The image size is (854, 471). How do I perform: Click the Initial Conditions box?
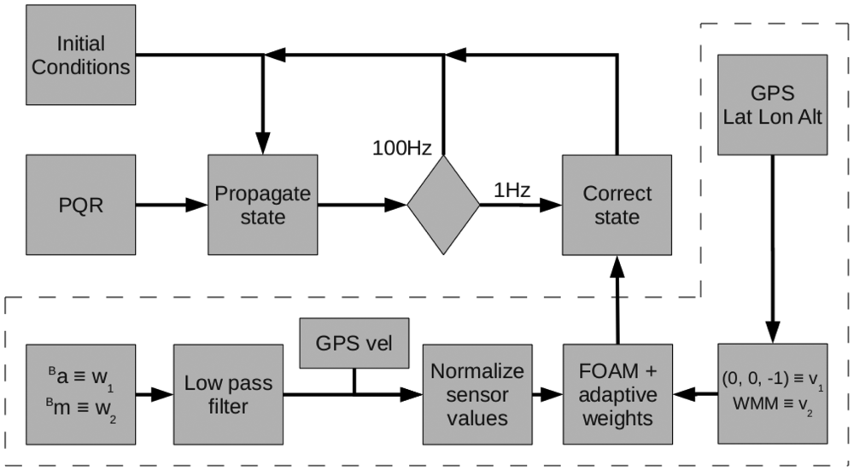81,54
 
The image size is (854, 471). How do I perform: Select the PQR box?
81,205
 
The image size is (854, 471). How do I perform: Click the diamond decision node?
443,205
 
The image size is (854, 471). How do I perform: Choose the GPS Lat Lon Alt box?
773,105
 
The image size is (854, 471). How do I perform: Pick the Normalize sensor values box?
477,394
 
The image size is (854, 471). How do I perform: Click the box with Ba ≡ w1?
81,394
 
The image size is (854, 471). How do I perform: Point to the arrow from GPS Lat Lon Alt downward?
773,247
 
